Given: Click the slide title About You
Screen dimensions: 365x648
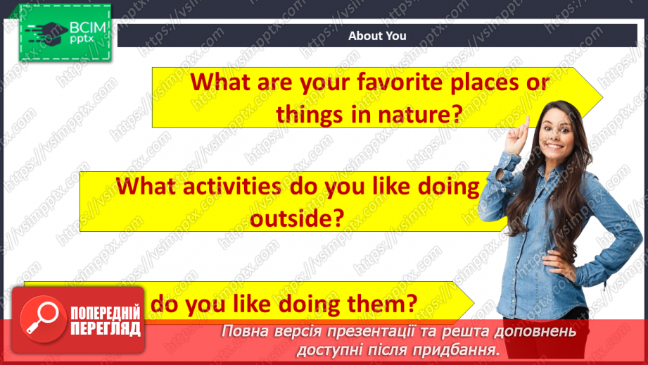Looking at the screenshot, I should [x=377, y=36].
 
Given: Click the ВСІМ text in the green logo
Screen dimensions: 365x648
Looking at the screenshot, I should [x=87, y=29].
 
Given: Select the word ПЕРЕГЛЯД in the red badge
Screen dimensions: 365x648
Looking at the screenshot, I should [x=104, y=328].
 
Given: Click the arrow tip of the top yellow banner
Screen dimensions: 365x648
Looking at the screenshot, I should [x=601, y=97].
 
